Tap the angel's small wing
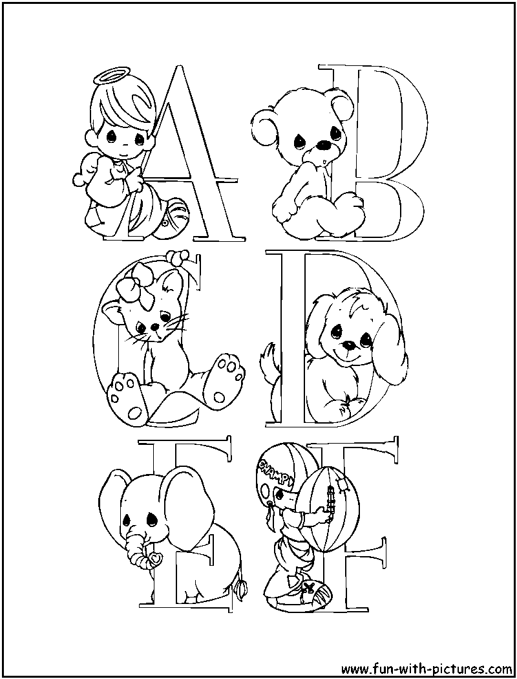coord(90,170)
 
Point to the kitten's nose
coord(157,327)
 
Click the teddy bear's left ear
coord(262,122)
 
